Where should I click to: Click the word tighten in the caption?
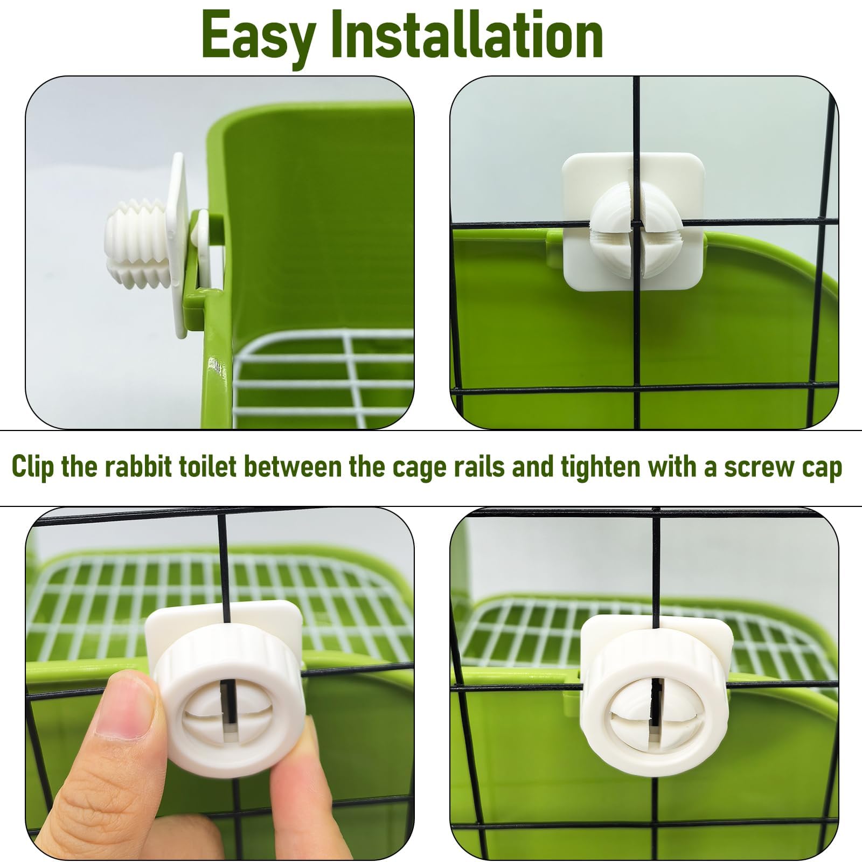(599, 467)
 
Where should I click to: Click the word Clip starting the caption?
(33, 467)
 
